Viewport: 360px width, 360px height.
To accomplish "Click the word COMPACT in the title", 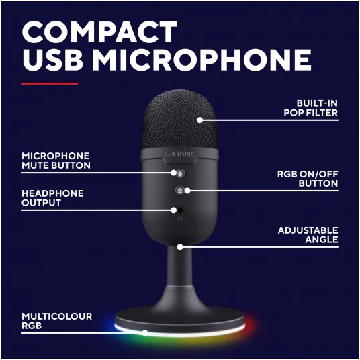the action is [x=99, y=32].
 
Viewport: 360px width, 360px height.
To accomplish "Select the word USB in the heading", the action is [x=52, y=60].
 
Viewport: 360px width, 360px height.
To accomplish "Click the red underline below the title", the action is [x=49, y=83].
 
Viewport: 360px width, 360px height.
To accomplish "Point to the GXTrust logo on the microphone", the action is [x=179, y=154].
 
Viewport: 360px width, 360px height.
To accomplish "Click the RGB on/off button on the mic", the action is [x=180, y=191].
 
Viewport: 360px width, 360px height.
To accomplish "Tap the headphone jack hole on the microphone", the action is [x=180, y=210].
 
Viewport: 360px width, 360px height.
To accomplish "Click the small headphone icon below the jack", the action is [x=180, y=219].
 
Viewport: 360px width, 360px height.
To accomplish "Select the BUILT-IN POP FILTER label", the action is [x=311, y=108].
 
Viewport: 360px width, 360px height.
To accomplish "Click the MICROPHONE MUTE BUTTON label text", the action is [x=56, y=161].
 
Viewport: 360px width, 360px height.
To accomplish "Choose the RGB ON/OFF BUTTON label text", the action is [x=308, y=179].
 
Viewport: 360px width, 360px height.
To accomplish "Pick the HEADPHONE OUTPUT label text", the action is [x=52, y=198].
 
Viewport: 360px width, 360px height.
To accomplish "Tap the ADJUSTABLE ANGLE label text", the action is [x=308, y=235].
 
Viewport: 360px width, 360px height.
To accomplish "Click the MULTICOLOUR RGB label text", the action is [x=56, y=321].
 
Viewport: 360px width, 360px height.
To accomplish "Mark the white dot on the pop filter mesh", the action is [x=199, y=120].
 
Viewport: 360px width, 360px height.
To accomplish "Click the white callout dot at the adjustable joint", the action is [x=180, y=247].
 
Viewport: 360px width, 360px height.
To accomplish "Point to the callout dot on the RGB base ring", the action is [x=145, y=332].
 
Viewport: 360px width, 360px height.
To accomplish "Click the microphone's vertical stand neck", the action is [x=179, y=267].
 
